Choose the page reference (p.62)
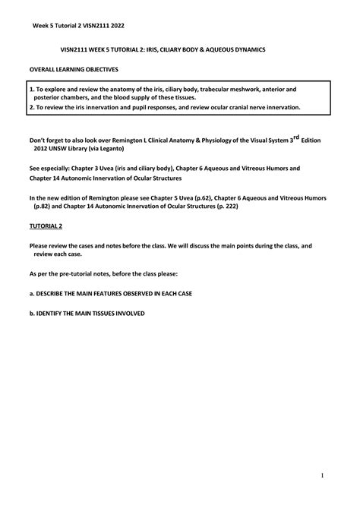pos(226,196)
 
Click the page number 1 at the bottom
pos(322,476)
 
